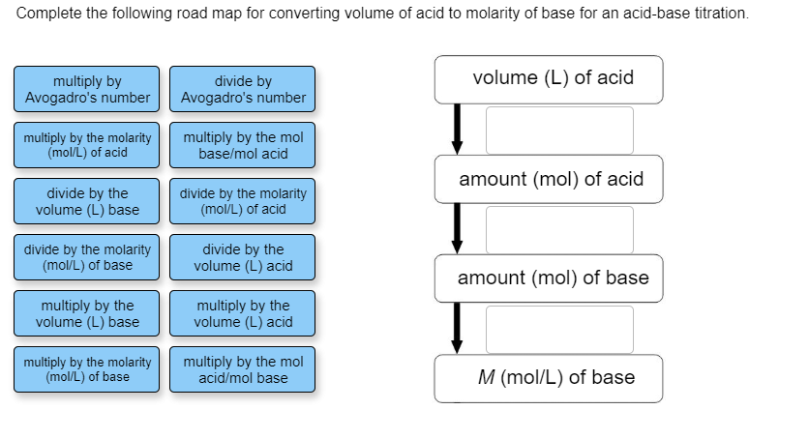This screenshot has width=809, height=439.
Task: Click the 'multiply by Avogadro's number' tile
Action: click(x=88, y=89)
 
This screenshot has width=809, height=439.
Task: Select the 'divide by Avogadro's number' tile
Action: click(x=243, y=89)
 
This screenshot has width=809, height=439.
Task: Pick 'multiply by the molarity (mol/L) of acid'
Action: click(x=88, y=145)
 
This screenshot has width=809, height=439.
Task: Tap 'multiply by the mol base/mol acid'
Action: click(x=243, y=145)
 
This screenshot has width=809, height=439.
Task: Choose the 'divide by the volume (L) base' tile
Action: click(x=88, y=201)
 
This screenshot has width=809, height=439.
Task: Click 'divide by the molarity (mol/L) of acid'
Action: click(x=243, y=201)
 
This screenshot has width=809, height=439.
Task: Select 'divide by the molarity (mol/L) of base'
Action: click(x=88, y=257)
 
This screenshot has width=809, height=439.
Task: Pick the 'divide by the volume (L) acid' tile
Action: click(x=243, y=257)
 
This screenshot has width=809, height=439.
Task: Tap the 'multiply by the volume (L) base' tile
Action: click(x=88, y=313)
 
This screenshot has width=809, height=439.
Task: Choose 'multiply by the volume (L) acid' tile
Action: click(x=243, y=313)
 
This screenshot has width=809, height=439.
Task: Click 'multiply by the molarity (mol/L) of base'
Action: click(x=88, y=369)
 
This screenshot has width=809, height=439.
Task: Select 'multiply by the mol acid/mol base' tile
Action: click(x=243, y=369)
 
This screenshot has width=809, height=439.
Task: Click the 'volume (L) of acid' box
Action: click(x=549, y=79)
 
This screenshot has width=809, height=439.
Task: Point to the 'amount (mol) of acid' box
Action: click(x=549, y=179)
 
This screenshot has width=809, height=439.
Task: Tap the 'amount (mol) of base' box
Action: click(x=549, y=278)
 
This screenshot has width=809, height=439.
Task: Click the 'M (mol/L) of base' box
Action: click(x=549, y=378)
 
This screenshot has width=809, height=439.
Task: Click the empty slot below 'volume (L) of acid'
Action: click(x=559, y=130)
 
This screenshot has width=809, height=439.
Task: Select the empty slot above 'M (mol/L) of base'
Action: click(x=559, y=329)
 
